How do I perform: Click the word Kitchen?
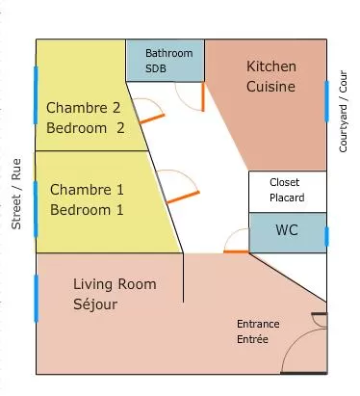271,66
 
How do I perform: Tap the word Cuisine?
270,87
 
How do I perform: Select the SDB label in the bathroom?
156,68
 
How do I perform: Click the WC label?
287,230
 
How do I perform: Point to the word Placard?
287,198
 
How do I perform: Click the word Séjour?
95,304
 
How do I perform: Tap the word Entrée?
252,339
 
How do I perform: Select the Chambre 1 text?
87,190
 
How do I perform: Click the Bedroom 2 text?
86,128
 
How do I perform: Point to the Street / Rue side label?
16,194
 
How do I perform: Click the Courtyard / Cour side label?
343,111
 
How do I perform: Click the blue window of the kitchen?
326,101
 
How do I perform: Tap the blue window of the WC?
326,236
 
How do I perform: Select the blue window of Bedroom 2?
36,95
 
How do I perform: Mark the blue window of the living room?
36,298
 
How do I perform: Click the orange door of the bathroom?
203,96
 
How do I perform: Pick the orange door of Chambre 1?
183,198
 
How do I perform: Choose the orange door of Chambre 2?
152,119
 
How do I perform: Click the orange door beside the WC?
236,251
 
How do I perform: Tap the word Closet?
284,182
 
